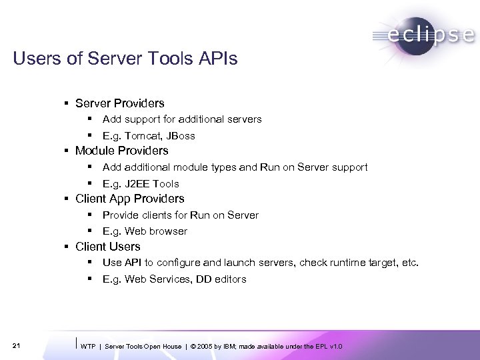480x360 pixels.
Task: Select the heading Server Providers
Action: pyautogui.click(x=120, y=103)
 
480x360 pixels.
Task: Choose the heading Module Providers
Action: pyautogui.click(x=122, y=151)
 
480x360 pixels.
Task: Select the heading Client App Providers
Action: pyautogui.click(x=130, y=199)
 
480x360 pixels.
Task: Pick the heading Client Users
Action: pyautogui.click(x=108, y=247)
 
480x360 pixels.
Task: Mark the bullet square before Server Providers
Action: pyautogui.click(x=67, y=104)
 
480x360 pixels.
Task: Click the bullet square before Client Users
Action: pyautogui.click(x=67, y=247)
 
